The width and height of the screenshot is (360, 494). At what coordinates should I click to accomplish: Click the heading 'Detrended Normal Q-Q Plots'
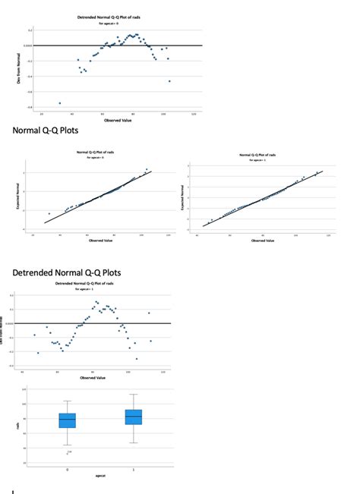point(67,272)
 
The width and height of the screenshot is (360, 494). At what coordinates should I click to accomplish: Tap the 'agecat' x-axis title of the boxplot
point(100,475)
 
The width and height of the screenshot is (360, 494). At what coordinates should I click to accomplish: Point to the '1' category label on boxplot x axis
point(134,469)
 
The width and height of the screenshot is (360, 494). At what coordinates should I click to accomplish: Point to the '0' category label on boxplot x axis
point(68,469)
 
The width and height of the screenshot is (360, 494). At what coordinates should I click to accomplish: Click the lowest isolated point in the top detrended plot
point(60,102)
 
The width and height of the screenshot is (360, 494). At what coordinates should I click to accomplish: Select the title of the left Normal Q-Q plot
point(96,153)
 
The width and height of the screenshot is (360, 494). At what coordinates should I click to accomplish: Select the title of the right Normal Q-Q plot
point(259,155)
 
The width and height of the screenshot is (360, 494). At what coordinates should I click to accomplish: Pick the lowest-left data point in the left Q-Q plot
point(49,214)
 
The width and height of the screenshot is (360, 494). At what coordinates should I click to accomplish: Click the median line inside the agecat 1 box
point(134,416)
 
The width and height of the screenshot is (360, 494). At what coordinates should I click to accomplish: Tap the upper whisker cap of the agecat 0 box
point(68,401)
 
